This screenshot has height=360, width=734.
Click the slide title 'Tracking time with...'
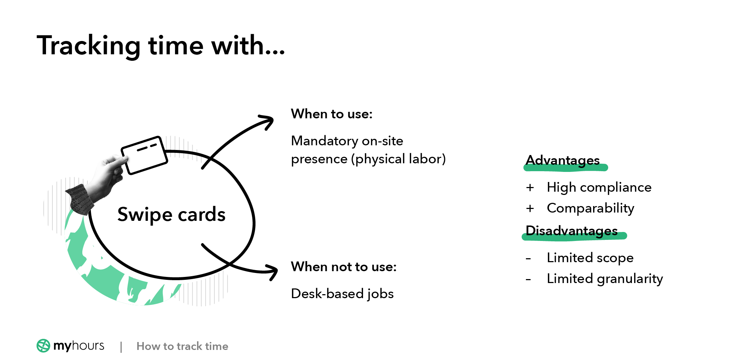[x=161, y=46]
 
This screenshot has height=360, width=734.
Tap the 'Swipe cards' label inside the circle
[x=171, y=215]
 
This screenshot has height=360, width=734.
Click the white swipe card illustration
[x=144, y=155]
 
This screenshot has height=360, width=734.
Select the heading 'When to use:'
[x=332, y=114]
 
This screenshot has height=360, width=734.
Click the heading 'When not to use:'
[x=344, y=267]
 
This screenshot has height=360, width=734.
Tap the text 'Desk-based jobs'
[x=342, y=294]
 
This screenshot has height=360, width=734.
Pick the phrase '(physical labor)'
[x=398, y=159]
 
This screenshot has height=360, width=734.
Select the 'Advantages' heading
[x=563, y=160]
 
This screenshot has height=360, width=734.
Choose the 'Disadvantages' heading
[x=572, y=231]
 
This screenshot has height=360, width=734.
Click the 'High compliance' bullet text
[x=599, y=187]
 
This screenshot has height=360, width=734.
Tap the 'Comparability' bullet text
[x=591, y=208]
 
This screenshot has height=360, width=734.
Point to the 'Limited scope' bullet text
[x=590, y=258]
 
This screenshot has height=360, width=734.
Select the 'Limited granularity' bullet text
[x=605, y=279]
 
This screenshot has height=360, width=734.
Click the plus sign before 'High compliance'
[x=530, y=187]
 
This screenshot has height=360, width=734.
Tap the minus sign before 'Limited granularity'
[x=528, y=279]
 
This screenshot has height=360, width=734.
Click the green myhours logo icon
[x=43, y=346]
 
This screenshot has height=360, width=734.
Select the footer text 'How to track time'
[x=182, y=346]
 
